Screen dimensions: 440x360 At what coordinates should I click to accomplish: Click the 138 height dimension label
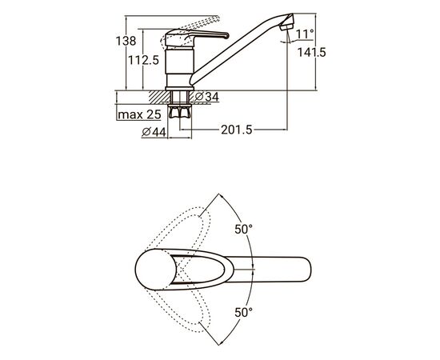[x=126, y=42]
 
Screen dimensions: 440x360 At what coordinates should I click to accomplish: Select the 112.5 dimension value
[x=143, y=60]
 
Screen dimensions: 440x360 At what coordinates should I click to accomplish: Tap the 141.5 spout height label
[x=311, y=53]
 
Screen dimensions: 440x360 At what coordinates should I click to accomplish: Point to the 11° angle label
[x=305, y=34]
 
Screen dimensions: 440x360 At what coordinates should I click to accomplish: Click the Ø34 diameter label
[x=207, y=97]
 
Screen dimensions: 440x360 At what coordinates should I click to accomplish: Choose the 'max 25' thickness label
[x=139, y=114]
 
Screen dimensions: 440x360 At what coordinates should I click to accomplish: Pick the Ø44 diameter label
[x=154, y=132]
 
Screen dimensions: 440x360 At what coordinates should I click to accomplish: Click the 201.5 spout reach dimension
[x=237, y=130]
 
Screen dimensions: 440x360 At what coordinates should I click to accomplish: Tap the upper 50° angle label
[x=243, y=230]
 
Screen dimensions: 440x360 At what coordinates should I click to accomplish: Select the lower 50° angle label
[x=243, y=312]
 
